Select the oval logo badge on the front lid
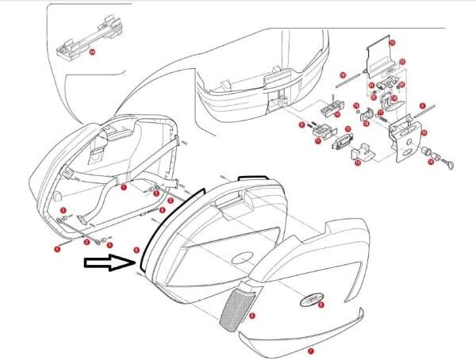pos(311,299)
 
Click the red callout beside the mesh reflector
pos(252,316)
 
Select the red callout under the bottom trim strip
pos(310,350)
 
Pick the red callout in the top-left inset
pos(92,52)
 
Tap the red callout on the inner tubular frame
pos(123,188)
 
